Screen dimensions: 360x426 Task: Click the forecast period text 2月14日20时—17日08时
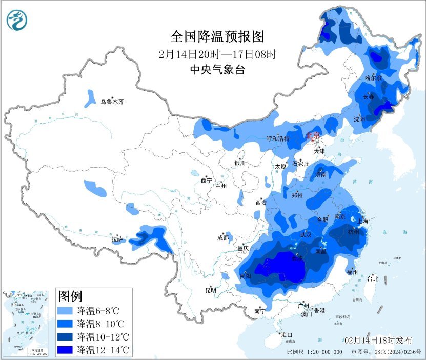point(217,54)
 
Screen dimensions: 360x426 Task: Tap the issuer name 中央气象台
point(217,70)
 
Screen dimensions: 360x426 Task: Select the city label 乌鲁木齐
point(112,102)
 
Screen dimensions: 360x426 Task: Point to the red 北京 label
point(313,136)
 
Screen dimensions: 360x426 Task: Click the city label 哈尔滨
point(373,78)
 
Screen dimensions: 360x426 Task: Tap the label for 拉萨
point(117,239)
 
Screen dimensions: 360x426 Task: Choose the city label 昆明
point(211,290)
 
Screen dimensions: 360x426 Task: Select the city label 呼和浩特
point(278,139)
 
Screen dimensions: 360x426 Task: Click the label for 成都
point(223,237)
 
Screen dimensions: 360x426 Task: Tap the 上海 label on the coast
point(364,221)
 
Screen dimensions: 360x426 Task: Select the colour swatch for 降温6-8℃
point(66,311)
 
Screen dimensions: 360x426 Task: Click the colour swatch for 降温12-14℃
point(66,350)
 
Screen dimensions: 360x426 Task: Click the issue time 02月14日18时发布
point(378,341)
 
